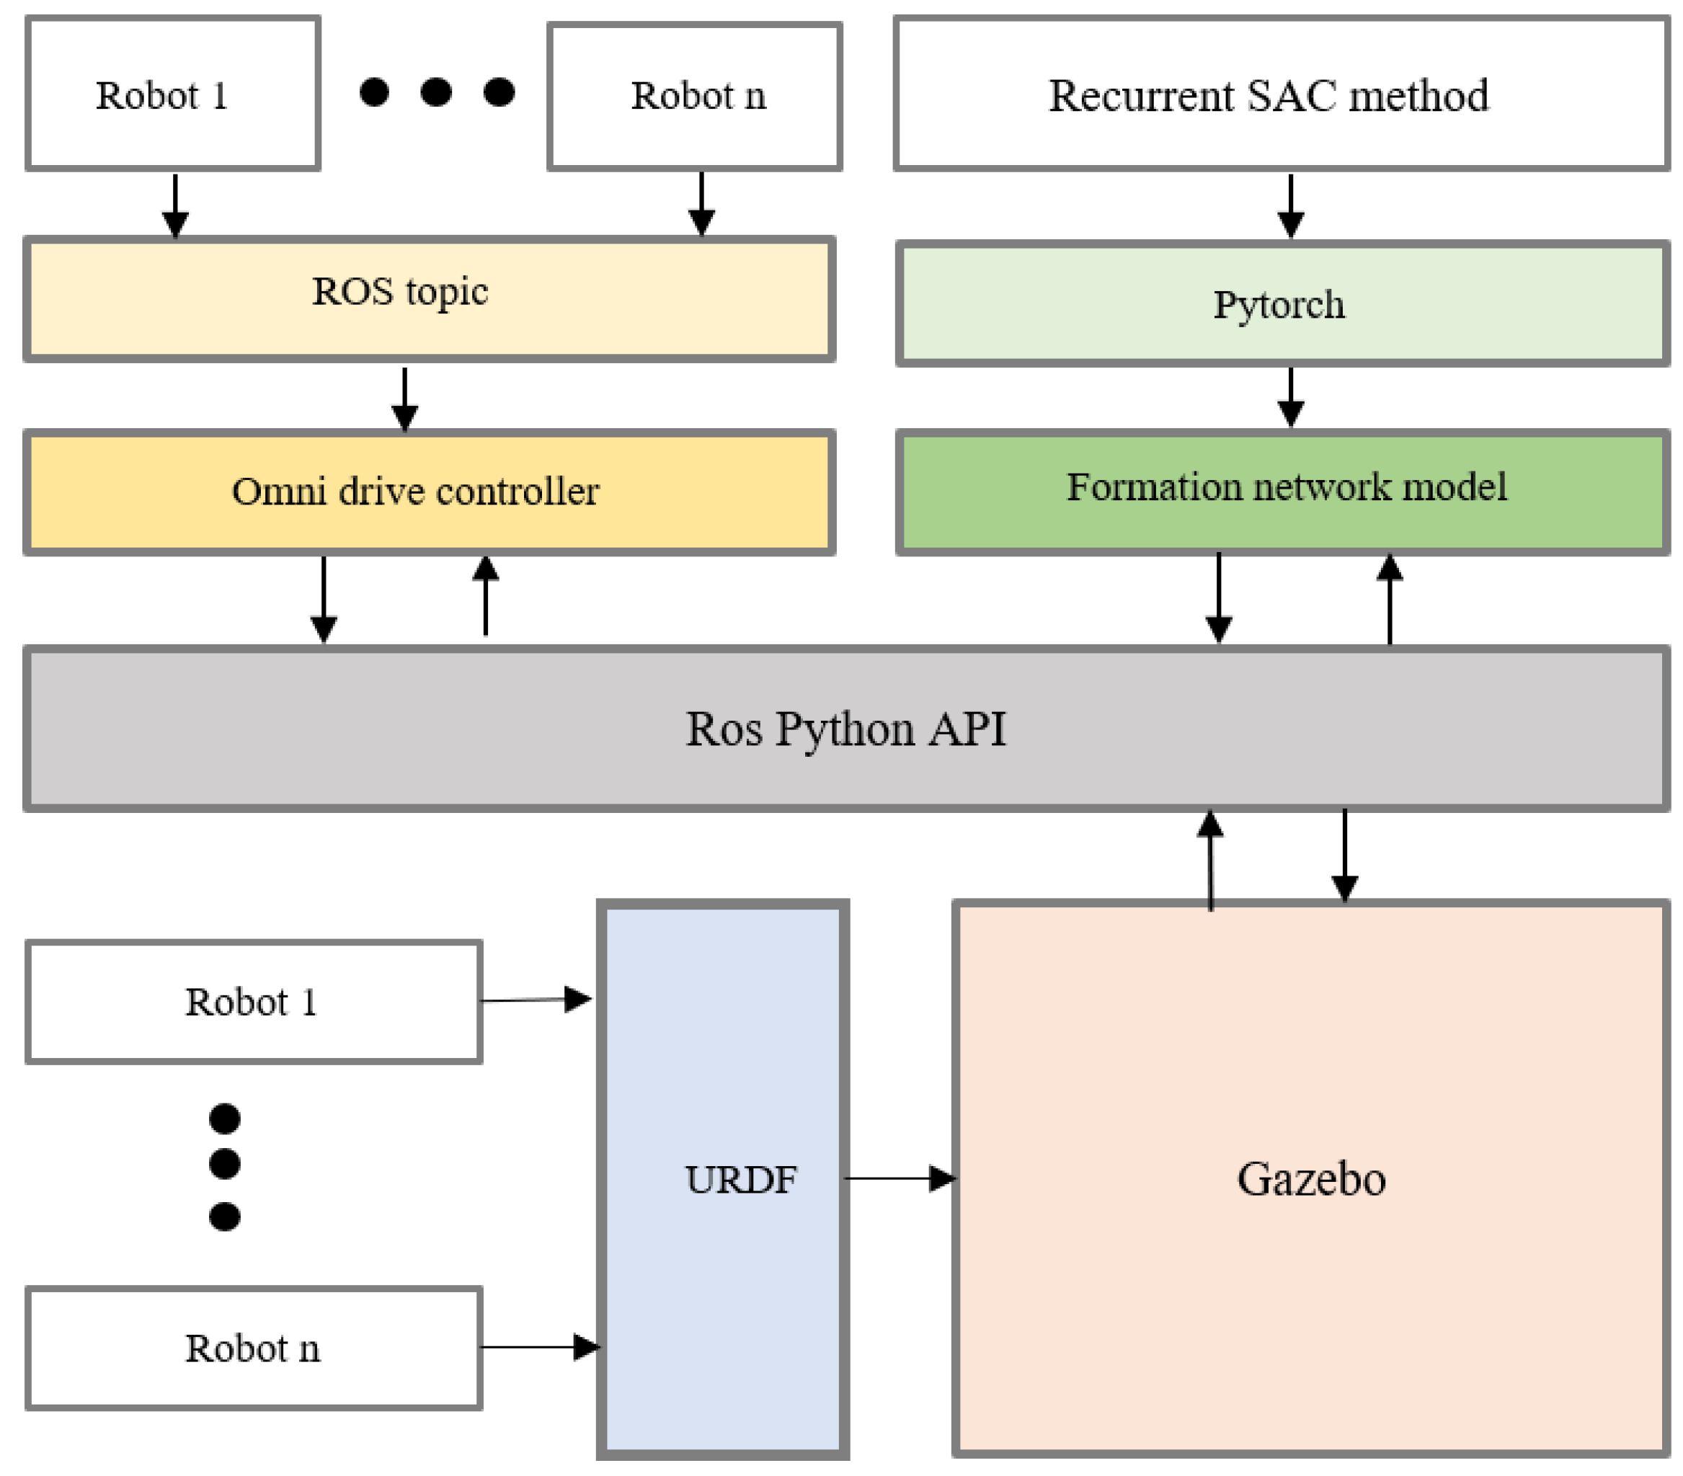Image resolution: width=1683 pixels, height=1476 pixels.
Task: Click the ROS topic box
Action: [x=428, y=298]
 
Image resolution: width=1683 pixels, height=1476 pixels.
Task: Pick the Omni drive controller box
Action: [x=428, y=492]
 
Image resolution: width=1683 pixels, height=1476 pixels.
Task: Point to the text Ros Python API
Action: [x=845, y=729]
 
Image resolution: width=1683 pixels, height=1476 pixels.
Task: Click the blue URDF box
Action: [x=723, y=1179]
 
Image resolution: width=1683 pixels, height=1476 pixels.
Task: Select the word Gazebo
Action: [x=1311, y=1179]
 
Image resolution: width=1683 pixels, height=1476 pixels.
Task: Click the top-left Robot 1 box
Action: [x=173, y=94]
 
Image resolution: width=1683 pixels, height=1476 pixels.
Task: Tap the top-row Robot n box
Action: [x=694, y=95]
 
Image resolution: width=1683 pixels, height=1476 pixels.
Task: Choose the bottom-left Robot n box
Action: [x=254, y=1348]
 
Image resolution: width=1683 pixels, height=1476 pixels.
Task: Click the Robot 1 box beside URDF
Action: [x=254, y=1001]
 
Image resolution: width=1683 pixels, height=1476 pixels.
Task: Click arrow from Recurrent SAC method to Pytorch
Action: [x=1290, y=206]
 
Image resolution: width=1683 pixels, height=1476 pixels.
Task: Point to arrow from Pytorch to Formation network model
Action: [x=1290, y=397]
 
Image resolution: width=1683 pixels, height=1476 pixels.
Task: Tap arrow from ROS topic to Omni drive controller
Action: [x=404, y=399]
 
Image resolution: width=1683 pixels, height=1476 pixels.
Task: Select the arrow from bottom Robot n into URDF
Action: [x=539, y=1347]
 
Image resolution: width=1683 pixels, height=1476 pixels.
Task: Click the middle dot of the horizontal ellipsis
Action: [x=435, y=92]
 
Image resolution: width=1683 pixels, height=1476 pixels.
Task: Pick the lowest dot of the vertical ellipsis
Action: [x=225, y=1216]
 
